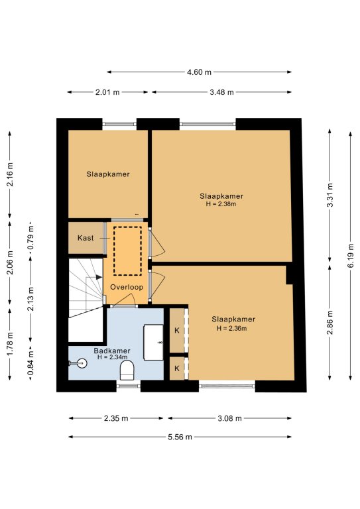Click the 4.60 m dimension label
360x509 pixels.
point(199,72)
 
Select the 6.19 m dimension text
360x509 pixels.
point(351,255)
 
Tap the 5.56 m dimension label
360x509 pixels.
point(180,437)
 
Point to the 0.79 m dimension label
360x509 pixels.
point(30,238)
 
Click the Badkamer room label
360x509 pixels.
point(112,351)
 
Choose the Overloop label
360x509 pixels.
point(127,287)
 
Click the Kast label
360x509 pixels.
point(86,238)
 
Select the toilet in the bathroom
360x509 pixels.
point(127,370)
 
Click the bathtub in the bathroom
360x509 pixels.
point(154,342)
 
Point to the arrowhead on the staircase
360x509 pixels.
point(99,277)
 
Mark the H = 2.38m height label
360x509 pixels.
point(221,204)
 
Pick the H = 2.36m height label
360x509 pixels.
point(232,328)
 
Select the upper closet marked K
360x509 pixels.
point(177,331)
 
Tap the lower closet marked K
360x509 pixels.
point(177,368)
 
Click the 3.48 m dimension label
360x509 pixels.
point(221,92)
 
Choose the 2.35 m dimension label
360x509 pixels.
point(116,418)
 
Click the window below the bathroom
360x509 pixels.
point(129,386)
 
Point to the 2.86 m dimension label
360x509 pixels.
point(330,322)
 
